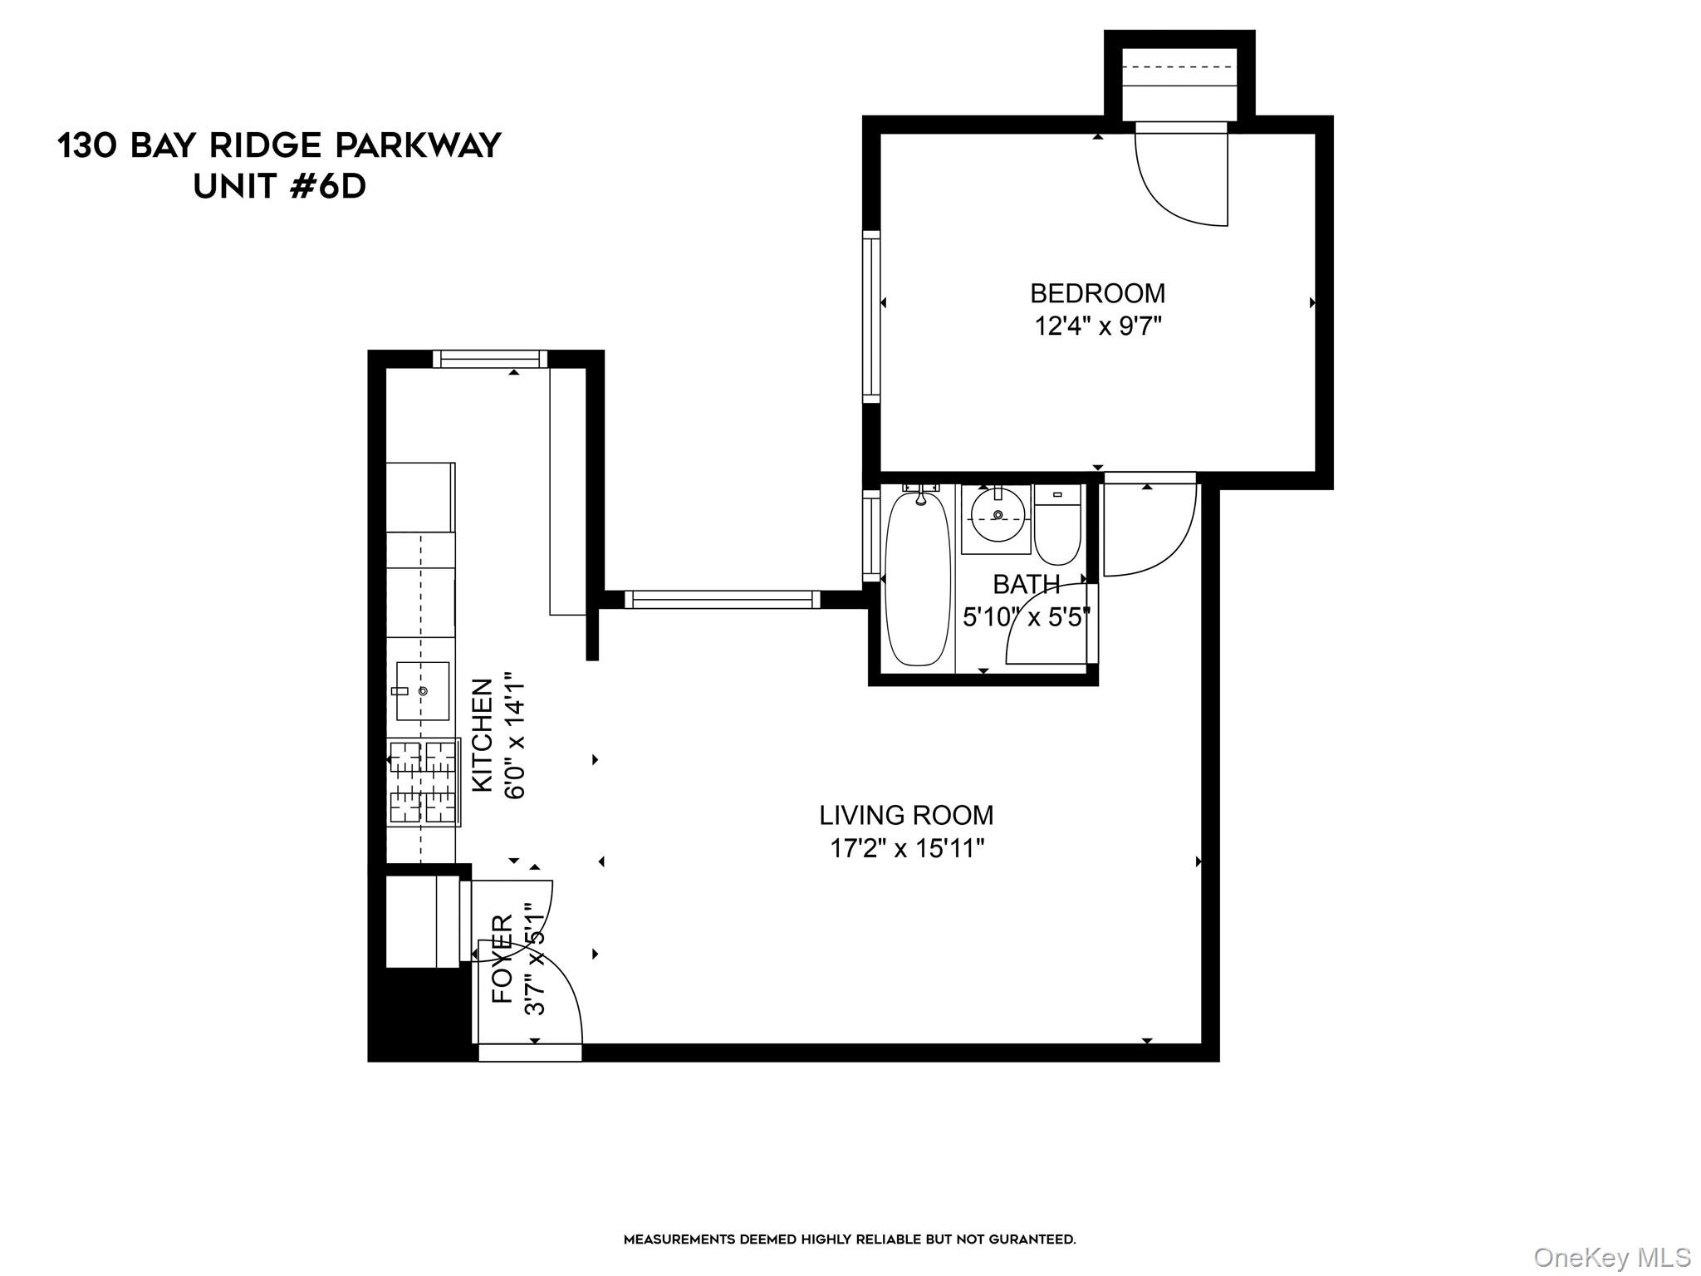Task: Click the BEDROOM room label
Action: click(1097, 293)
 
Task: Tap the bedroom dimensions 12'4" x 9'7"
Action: click(1097, 326)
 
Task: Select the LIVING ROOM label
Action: click(906, 815)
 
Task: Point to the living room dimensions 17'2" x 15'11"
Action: click(907, 848)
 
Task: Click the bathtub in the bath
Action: click(917, 579)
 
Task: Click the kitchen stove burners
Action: click(424, 782)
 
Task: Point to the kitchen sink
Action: click(423, 690)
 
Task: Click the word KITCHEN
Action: click(483, 735)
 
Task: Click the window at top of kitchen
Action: click(490, 359)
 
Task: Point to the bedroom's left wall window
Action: click(870, 317)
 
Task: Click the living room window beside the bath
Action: click(722, 599)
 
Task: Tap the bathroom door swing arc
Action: click(1045, 623)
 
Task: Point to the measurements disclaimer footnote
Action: click(850, 1239)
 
